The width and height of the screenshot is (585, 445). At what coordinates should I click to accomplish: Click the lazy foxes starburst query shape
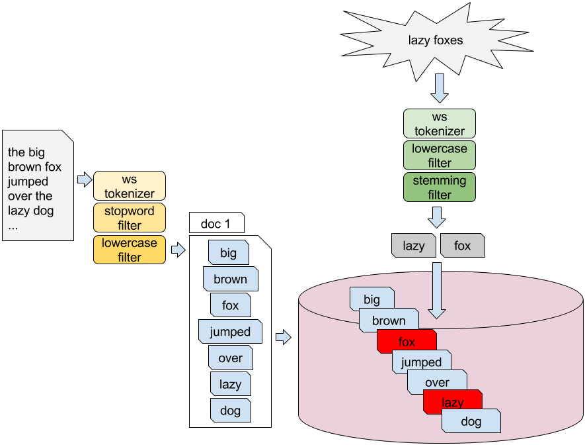[x=436, y=40]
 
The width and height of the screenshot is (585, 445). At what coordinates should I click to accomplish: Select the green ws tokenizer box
[x=440, y=124]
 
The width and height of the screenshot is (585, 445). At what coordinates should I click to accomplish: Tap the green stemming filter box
[x=440, y=187]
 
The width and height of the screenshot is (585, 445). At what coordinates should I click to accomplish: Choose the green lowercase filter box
[x=440, y=156]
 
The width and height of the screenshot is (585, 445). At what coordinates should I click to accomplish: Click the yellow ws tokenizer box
[x=130, y=186]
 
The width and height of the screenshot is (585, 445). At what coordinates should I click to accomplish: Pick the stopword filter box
[x=130, y=218]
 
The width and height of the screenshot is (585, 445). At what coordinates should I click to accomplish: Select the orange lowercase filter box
[x=130, y=250]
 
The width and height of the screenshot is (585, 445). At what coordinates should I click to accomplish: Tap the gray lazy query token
[x=414, y=246]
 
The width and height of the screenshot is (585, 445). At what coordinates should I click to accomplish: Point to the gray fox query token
[x=463, y=246]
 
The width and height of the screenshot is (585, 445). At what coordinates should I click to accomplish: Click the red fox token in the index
[x=407, y=342]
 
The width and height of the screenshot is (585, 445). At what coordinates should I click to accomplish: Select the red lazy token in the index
[x=453, y=402]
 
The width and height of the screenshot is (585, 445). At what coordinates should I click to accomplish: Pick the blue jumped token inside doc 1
[x=230, y=332]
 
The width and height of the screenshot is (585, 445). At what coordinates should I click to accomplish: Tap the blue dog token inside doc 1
[x=231, y=411]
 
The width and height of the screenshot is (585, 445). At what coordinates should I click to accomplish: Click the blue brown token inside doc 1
[x=230, y=279]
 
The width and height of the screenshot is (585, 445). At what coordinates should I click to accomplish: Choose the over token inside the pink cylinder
[x=437, y=382]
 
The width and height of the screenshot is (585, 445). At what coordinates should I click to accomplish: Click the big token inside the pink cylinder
[x=372, y=300]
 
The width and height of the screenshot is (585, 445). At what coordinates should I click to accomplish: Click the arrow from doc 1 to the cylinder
[x=283, y=338]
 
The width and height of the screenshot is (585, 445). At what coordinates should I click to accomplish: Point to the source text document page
[x=38, y=185]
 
